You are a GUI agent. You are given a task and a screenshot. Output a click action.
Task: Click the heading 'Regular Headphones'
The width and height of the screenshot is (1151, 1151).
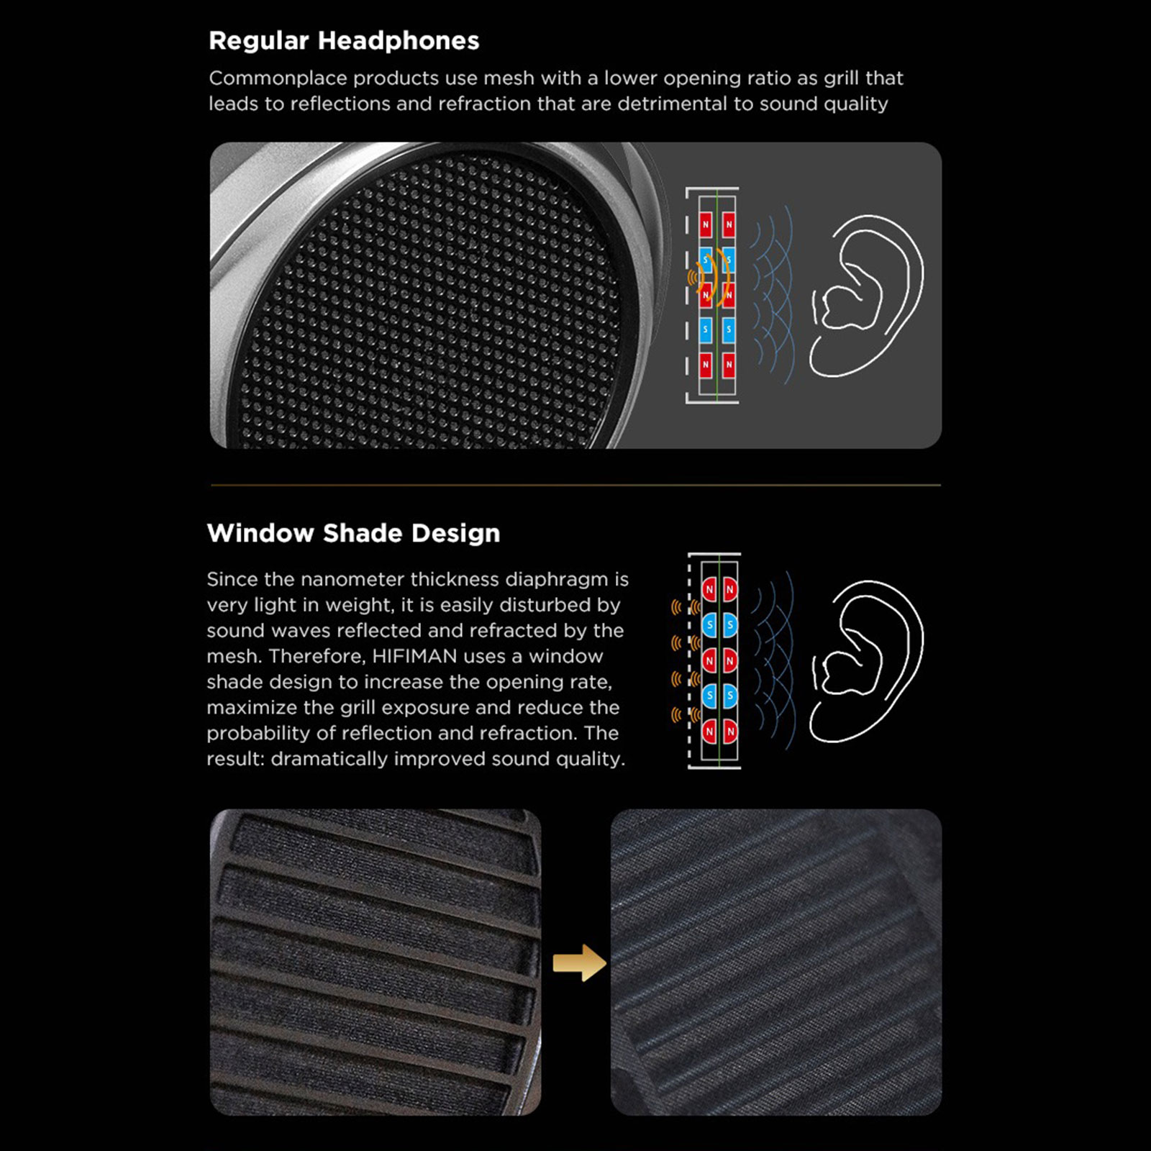344,41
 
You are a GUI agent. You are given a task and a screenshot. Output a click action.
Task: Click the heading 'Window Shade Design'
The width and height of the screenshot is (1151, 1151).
353,533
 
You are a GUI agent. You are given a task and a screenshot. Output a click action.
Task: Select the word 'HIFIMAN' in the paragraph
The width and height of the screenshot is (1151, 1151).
414,656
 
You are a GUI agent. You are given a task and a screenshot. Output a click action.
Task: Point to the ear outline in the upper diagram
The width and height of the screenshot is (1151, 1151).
867,296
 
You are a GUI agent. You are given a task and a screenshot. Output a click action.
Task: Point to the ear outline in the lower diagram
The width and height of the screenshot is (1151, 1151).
867,661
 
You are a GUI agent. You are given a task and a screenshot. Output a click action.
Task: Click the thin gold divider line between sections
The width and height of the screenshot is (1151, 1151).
575,486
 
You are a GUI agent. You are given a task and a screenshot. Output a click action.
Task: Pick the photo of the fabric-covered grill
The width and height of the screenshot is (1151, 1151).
775,962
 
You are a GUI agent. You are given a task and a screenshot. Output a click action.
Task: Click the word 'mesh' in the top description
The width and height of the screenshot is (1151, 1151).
509,78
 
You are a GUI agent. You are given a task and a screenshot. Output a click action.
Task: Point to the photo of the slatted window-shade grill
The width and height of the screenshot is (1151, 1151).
375,962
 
